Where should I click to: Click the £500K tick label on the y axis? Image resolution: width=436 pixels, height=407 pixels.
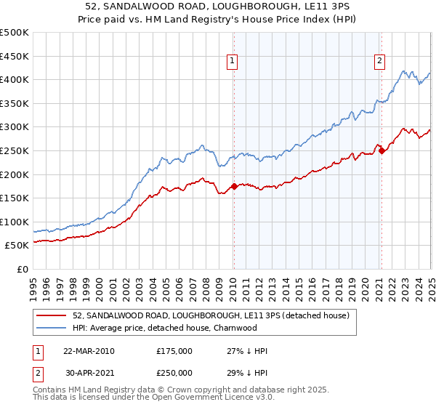15,33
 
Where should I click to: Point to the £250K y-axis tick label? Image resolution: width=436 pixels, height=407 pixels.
15,150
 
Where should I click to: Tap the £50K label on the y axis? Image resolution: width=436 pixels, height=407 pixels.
17,246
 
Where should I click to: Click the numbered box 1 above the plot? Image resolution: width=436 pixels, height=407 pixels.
232,62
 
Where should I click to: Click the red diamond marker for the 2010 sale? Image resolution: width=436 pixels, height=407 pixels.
234,186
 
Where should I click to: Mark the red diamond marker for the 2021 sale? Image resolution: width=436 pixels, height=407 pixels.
382,151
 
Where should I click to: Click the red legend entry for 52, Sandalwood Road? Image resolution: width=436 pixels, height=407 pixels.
211,315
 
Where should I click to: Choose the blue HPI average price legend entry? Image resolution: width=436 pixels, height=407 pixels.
165,328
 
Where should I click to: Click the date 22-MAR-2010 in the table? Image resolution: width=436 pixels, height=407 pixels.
89,351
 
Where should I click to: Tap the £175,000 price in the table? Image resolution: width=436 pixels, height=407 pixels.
174,351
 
